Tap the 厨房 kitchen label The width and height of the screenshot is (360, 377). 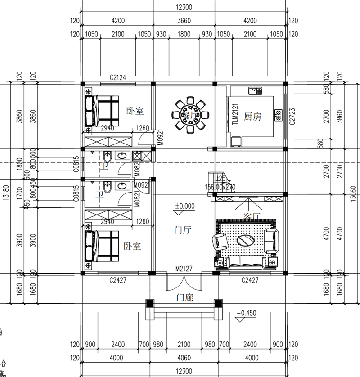(x=252, y=116)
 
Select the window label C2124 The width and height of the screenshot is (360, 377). (x=118, y=77)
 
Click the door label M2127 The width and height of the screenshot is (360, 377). (x=184, y=269)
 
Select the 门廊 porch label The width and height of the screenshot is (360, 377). (x=184, y=297)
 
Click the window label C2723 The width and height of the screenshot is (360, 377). (x=292, y=116)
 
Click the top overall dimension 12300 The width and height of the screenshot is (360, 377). (x=184, y=7)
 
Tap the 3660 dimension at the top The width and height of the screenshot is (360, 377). (x=184, y=20)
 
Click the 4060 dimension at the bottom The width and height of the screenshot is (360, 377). (x=184, y=358)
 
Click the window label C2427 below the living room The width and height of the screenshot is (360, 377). (x=250, y=280)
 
